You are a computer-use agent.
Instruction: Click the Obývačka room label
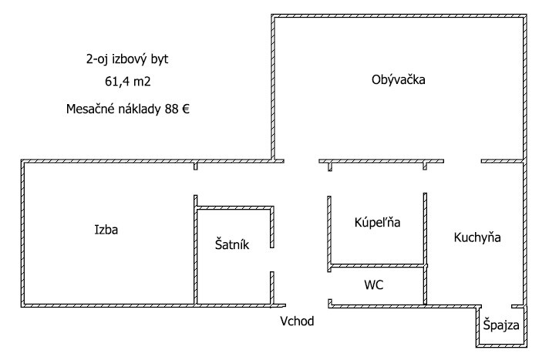pos(399,79)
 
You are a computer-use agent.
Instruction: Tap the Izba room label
pos(106,229)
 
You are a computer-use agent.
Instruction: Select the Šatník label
pos(231,244)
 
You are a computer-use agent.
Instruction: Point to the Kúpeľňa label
pos(377,222)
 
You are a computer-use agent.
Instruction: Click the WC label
pos(374,284)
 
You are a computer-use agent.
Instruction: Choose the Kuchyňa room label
pos(477,237)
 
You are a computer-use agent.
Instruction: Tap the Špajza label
pos(501,326)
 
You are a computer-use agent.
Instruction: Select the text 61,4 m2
pos(128,79)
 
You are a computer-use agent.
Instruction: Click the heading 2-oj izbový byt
pos(128,58)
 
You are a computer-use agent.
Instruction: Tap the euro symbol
pos(186,109)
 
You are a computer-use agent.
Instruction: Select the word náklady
pos(140,109)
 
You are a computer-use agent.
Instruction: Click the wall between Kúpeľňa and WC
pos(377,266)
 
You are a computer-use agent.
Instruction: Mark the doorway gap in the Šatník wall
pos(271,260)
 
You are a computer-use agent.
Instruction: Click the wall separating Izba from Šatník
pos(195,254)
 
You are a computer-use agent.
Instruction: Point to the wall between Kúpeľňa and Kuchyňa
pos(424,231)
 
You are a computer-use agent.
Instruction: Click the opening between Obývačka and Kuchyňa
pos(463,161)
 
